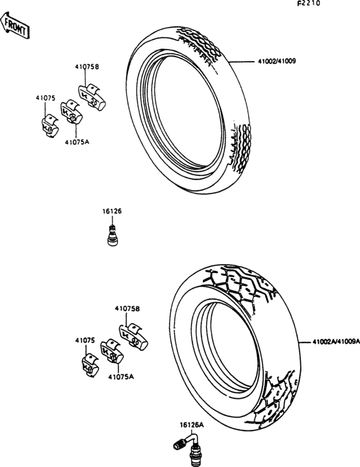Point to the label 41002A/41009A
click(x=335, y=342)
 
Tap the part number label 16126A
click(x=192, y=425)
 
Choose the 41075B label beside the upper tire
click(x=87, y=66)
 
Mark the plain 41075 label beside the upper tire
click(x=45, y=98)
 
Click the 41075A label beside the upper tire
click(x=76, y=145)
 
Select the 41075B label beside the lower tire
click(x=127, y=308)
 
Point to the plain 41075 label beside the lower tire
click(x=84, y=339)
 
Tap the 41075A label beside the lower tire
click(x=121, y=377)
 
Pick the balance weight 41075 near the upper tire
click(x=48, y=125)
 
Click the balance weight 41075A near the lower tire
click(x=111, y=354)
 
